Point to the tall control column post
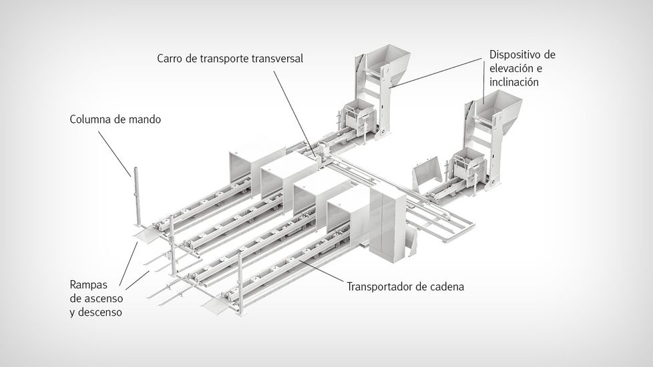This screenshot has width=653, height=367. tap(134, 194)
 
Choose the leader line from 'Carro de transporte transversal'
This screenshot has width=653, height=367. tap(294, 110)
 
